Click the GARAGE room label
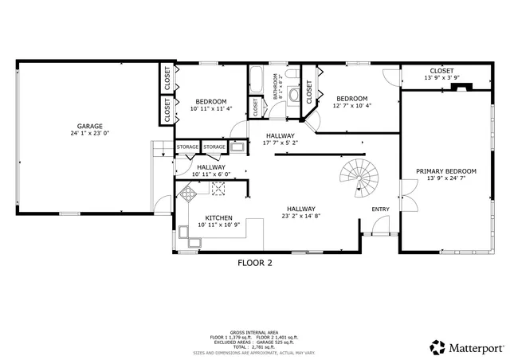(x=88, y=126)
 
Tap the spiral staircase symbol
(x=356, y=178)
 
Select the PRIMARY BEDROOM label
(x=445, y=171)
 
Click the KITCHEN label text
(x=218, y=217)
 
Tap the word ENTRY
(x=381, y=209)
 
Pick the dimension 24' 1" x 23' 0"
(x=88, y=134)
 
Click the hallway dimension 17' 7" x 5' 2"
(x=280, y=143)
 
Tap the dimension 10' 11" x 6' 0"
(x=210, y=174)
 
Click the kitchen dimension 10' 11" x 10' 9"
(x=218, y=225)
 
